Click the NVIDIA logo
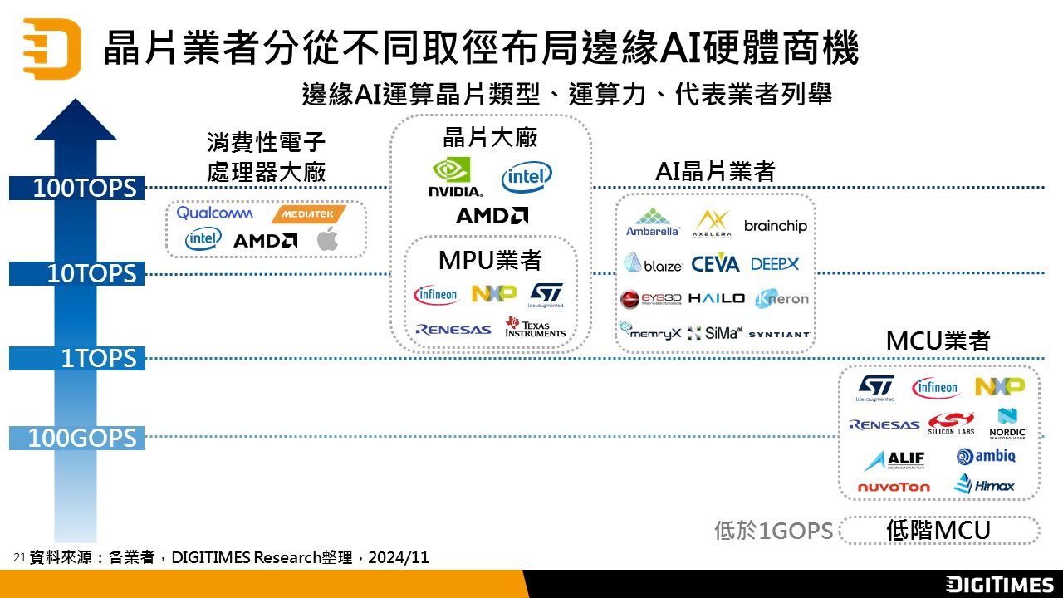[x=454, y=177]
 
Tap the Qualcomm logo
[x=215, y=213]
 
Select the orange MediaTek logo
[x=308, y=214]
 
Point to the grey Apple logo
[x=328, y=239]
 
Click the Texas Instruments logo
[x=536, y=327]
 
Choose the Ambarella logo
[x=653, y=223]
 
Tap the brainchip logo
[x=776, y=226]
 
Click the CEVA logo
[x=715, y=264]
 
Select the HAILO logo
[x=717, y=298]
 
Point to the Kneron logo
[x=781, y=298]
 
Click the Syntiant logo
[x=779, y=334]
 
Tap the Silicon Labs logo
[x=952, y=424]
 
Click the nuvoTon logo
[x=894, y=487]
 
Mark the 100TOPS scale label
[x=84, y=189]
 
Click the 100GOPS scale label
[x=82, y=438]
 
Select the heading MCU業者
[x=938, y=341]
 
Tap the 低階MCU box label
[x=938, y=531]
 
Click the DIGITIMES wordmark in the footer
[x=1000, y=584]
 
